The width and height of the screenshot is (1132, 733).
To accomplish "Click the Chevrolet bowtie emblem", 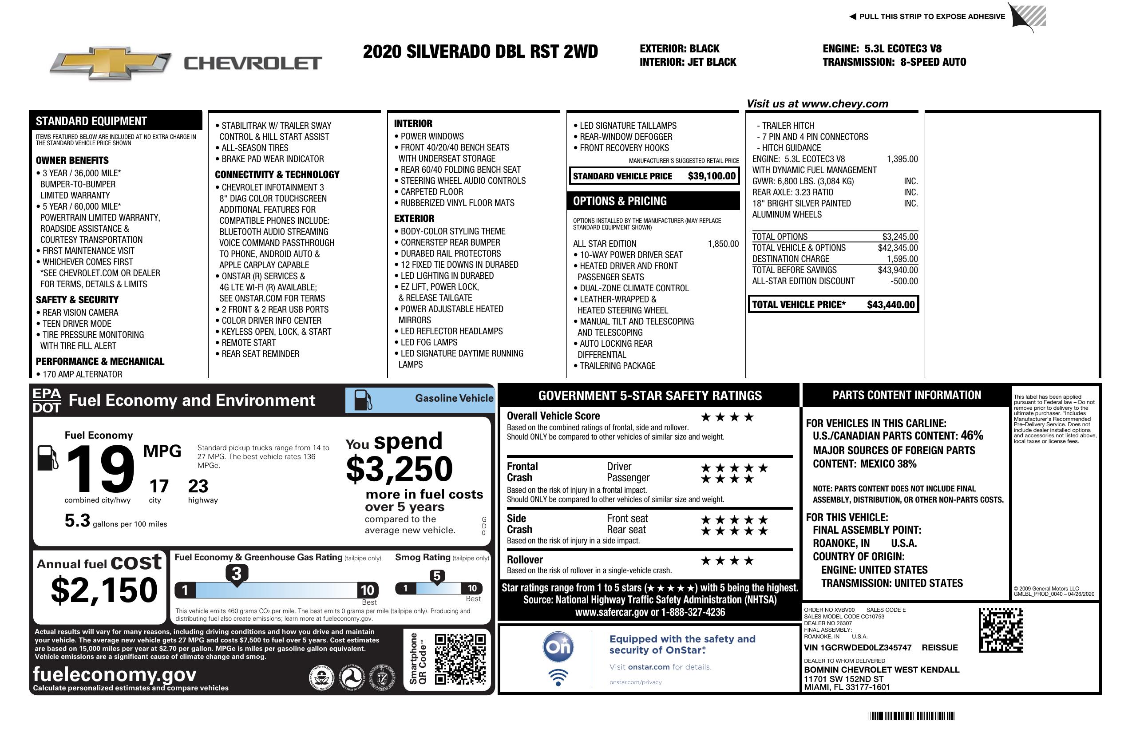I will [111, 63].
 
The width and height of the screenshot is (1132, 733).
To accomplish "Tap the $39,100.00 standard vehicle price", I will [711, 176].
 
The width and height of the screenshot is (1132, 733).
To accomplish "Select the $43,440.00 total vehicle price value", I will [891, 305].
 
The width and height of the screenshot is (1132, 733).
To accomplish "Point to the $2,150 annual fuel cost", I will [104, 590].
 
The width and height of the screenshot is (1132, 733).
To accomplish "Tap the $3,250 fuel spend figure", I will [399, 469].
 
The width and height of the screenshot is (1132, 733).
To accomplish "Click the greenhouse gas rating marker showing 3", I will [236, 574].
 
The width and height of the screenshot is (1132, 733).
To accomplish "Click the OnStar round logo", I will [558, 647].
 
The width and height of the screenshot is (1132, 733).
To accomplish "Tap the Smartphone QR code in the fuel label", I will [460, 658].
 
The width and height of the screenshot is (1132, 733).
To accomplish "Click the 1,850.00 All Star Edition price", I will [723, 244].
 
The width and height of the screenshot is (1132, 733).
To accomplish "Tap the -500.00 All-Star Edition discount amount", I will [904, 281].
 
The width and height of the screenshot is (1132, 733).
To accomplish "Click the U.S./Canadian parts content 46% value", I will [971, 435].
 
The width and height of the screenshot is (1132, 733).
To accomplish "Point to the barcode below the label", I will [910, 716].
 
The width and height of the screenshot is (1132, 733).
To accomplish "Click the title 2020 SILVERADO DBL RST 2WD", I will [480, 52].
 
